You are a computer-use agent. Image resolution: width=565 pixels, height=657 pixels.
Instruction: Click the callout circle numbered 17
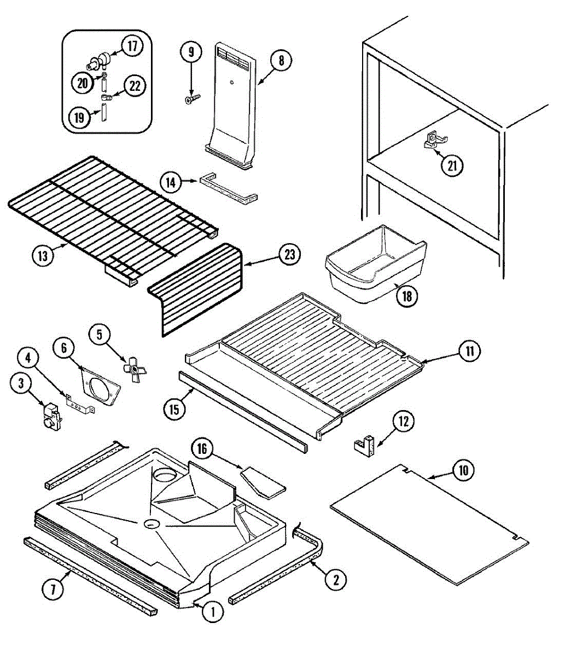click(x=132, y=46)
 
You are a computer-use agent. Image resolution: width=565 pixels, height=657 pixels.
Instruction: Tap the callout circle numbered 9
click(x=191, y=53)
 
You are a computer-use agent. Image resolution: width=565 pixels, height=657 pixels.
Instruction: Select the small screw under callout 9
click(x=193, y=99)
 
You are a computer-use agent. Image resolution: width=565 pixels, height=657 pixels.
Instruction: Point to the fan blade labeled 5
click(x=134, y=371)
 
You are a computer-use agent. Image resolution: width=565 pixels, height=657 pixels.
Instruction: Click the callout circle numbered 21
click(x=452, y=165)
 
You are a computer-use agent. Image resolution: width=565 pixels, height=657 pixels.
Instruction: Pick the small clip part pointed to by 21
click(x=431, y=141)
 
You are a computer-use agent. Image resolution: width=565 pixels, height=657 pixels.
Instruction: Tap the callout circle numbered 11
click(x=469, y=351)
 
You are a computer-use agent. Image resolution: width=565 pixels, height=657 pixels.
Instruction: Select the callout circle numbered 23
click(x=289, y=254)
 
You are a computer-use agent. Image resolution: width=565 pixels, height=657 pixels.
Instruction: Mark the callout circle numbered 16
click(x=202, y=449)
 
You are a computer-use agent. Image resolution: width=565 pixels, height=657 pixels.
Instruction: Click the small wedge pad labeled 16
click(x=263, y=480)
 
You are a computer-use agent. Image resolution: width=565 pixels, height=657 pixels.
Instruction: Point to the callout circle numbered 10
click(x=463, y=470)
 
